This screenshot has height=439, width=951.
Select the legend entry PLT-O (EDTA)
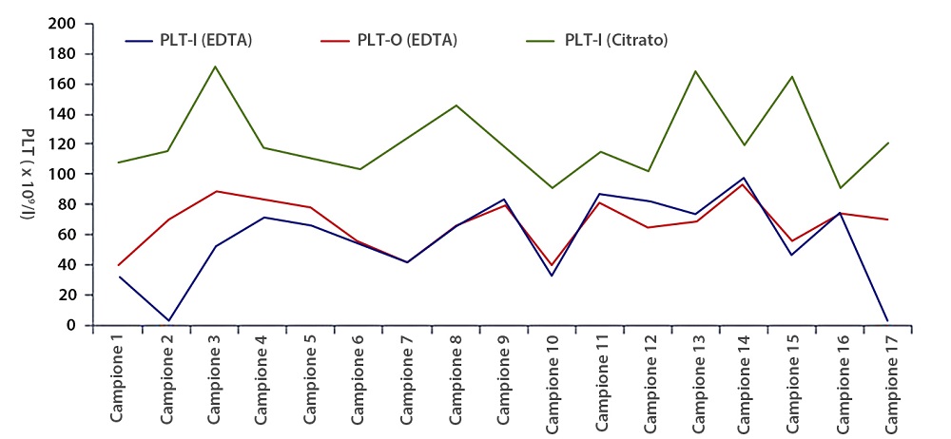coord(406,40)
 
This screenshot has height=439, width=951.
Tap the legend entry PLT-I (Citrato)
coord(616,40)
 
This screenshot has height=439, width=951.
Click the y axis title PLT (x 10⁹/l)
coord(29,174)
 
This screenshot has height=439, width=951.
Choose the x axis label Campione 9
coord(507,380)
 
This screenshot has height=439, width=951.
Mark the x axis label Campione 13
coord(701,380)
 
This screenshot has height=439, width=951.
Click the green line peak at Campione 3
coord(215,67)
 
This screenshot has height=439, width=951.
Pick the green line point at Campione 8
coord(457,105)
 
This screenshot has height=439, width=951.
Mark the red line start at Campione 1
coord(118,265)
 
